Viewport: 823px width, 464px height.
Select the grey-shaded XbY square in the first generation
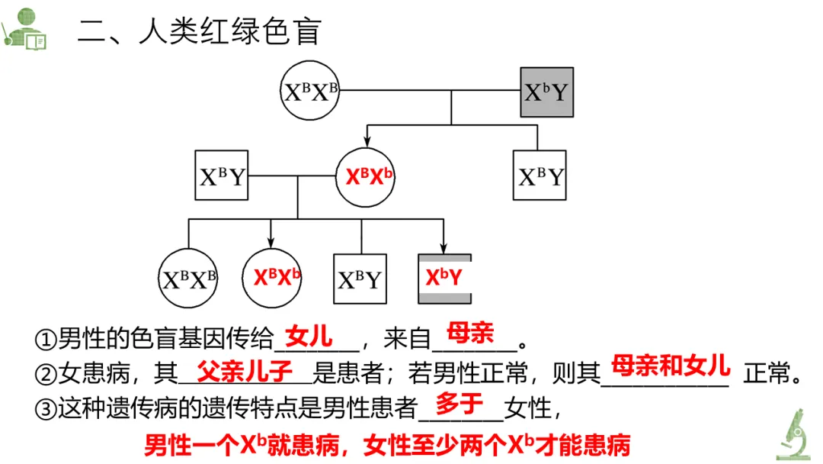546,92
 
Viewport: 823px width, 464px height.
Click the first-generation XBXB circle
310,92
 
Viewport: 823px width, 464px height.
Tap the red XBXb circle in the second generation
369,176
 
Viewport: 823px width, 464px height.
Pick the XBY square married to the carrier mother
222,176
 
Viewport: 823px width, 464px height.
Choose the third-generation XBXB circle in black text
188,279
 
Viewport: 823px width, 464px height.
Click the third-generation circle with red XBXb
271,277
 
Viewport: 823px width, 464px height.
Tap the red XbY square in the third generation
444,277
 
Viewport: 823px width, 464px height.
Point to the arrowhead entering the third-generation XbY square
443,246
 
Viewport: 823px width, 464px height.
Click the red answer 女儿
309,336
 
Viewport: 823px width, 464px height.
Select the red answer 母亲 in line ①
471,333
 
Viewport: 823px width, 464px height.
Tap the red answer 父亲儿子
245,372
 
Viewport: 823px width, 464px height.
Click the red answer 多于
460,404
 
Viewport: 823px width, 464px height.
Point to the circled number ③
46,410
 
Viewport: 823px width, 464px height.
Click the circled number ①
46,339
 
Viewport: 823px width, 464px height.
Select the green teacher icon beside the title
24,29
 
